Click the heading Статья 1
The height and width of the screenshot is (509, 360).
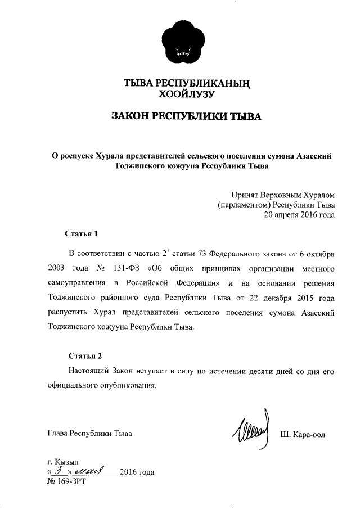click(81, 233)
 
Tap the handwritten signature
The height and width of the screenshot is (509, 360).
click(251, 431)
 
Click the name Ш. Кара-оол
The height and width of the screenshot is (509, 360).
click(303, 434)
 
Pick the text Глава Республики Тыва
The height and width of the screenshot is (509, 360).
click(90, 434)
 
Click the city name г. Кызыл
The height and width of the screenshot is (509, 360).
click(64, 462)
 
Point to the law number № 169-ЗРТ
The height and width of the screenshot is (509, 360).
click(66, 482)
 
